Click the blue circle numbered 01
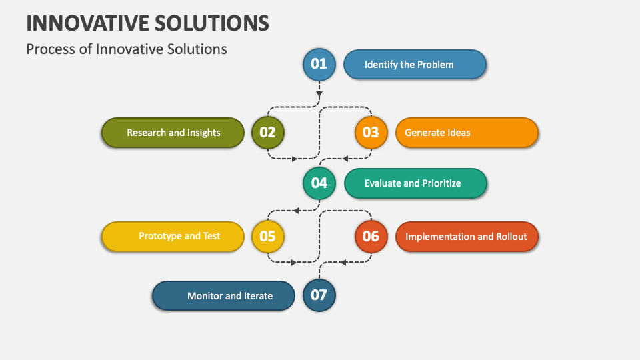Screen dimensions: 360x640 coord(319,64)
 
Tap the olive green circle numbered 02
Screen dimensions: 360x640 coord(268,132)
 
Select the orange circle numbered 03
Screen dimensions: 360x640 coord(371,132)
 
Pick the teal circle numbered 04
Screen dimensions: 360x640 coord(319,183)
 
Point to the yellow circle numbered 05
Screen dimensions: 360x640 coord(268,236)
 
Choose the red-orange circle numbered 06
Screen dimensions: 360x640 coord(371,236)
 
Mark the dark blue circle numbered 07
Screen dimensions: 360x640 coord(319,295)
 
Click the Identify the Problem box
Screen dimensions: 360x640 coord(415,65)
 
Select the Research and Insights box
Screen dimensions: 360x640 coord(173,133)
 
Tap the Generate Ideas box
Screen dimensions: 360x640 coord(467,133)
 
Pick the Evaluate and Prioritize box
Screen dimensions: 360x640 coord(415,183)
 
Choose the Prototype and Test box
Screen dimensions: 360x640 coord(173,236)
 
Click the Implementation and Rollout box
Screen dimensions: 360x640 coord(467,237)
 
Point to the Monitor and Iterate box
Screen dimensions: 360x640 coord(223,295)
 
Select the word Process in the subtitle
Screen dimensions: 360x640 coord(51,49)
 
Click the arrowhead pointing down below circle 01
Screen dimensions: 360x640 coord(319,95)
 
